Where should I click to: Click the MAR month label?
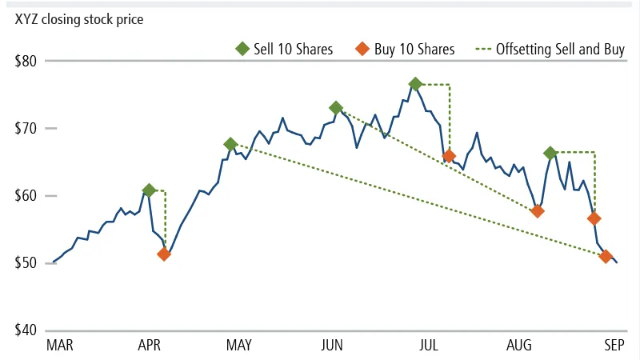pyautogui.click(x=60, y=346)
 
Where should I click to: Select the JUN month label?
pyautogui.click(x=332, y=346)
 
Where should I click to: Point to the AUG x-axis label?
pyautogui.click(x=520, y=346)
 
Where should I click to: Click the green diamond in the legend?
pyautogui.click(x=242, y=49)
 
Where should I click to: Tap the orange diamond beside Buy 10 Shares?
pyautogui.click(x=361, y=49)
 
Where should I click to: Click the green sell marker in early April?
pyautogui.click(x=149, y=190)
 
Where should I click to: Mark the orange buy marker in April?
pyautogui.click(x=164, y=254)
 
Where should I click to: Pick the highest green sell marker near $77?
pyautogui.click(x=415, y=84)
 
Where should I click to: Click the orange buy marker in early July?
pyautogui.click(x=449, y=156)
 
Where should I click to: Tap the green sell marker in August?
pyautogui.click(x=550, y=153)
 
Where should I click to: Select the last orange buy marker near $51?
pyautogui.click(x=606, y=257)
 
